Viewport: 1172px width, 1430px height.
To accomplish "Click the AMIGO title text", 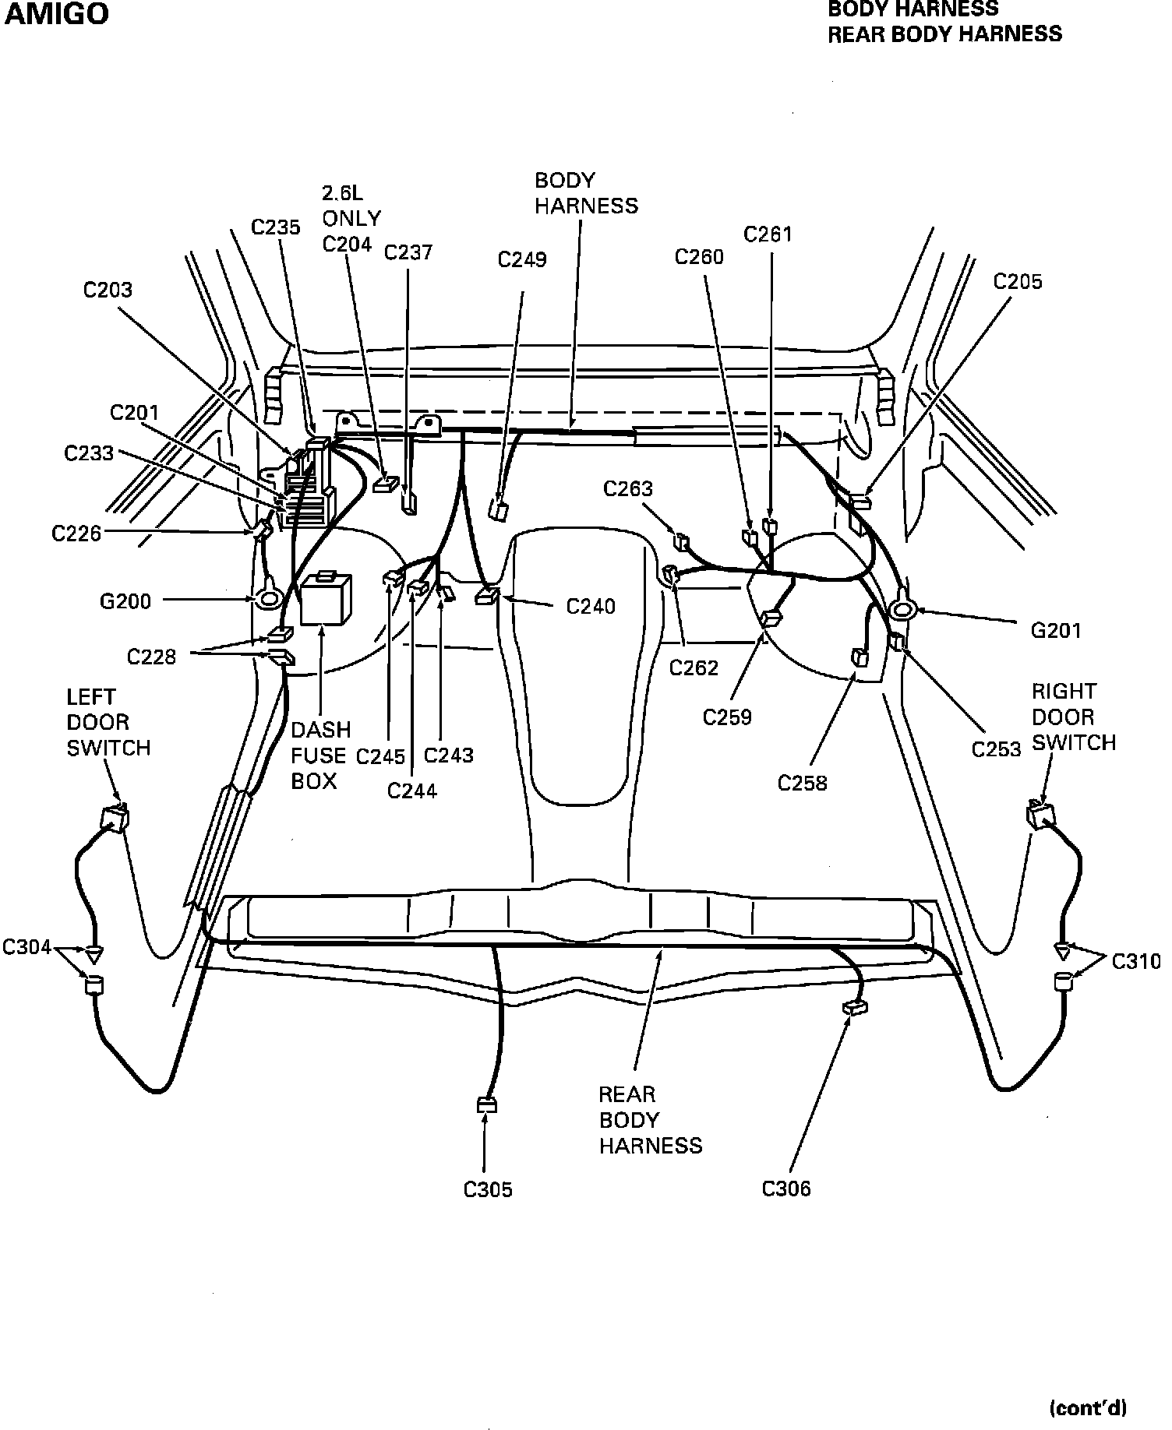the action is click(58, 14).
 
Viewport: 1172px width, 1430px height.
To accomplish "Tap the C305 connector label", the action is click(488, 1190).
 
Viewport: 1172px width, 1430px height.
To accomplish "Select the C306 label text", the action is click(786, 1189).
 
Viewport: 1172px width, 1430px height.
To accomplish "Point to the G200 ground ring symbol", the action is click(270, 599).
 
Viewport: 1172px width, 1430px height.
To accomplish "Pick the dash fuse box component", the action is click(326, 598).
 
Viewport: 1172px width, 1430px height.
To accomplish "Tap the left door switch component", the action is click(115, 819).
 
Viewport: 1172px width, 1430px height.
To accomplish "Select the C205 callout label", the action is click(1017, 282).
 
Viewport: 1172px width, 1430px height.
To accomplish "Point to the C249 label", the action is click(522, 260).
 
